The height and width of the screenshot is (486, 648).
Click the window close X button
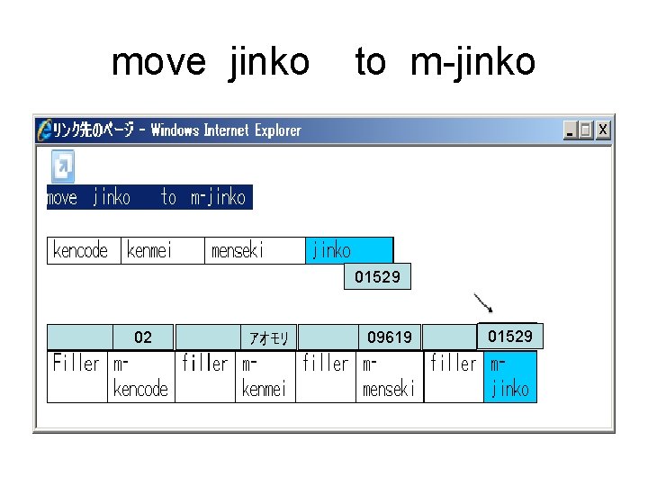coord(603,130)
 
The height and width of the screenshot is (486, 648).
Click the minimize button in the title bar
coord(571,130)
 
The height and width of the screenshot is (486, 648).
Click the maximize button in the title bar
coord(587,130)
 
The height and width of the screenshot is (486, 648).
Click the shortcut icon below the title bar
coord(62,166)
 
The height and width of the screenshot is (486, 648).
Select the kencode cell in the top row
coord(83,250)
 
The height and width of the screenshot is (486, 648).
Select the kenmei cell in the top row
coord(163,250)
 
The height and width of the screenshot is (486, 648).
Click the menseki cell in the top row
coord(256,250)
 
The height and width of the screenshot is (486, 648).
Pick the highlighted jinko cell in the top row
coord(349,250)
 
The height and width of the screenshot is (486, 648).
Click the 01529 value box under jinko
coord(377,277)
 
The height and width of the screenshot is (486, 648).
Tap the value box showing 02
coord(142,337)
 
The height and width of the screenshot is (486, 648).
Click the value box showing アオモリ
coord(268,337)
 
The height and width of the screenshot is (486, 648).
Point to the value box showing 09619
coord(390,337)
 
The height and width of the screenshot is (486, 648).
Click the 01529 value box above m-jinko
coord(510,337)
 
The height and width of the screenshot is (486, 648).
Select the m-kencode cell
coord(140,376)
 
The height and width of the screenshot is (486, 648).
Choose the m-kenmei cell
coord(265,376)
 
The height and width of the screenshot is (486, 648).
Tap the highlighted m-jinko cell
coord(510,376)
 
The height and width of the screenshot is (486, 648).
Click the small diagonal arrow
coord(483,302)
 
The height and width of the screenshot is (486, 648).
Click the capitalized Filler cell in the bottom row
coord(77,376)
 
